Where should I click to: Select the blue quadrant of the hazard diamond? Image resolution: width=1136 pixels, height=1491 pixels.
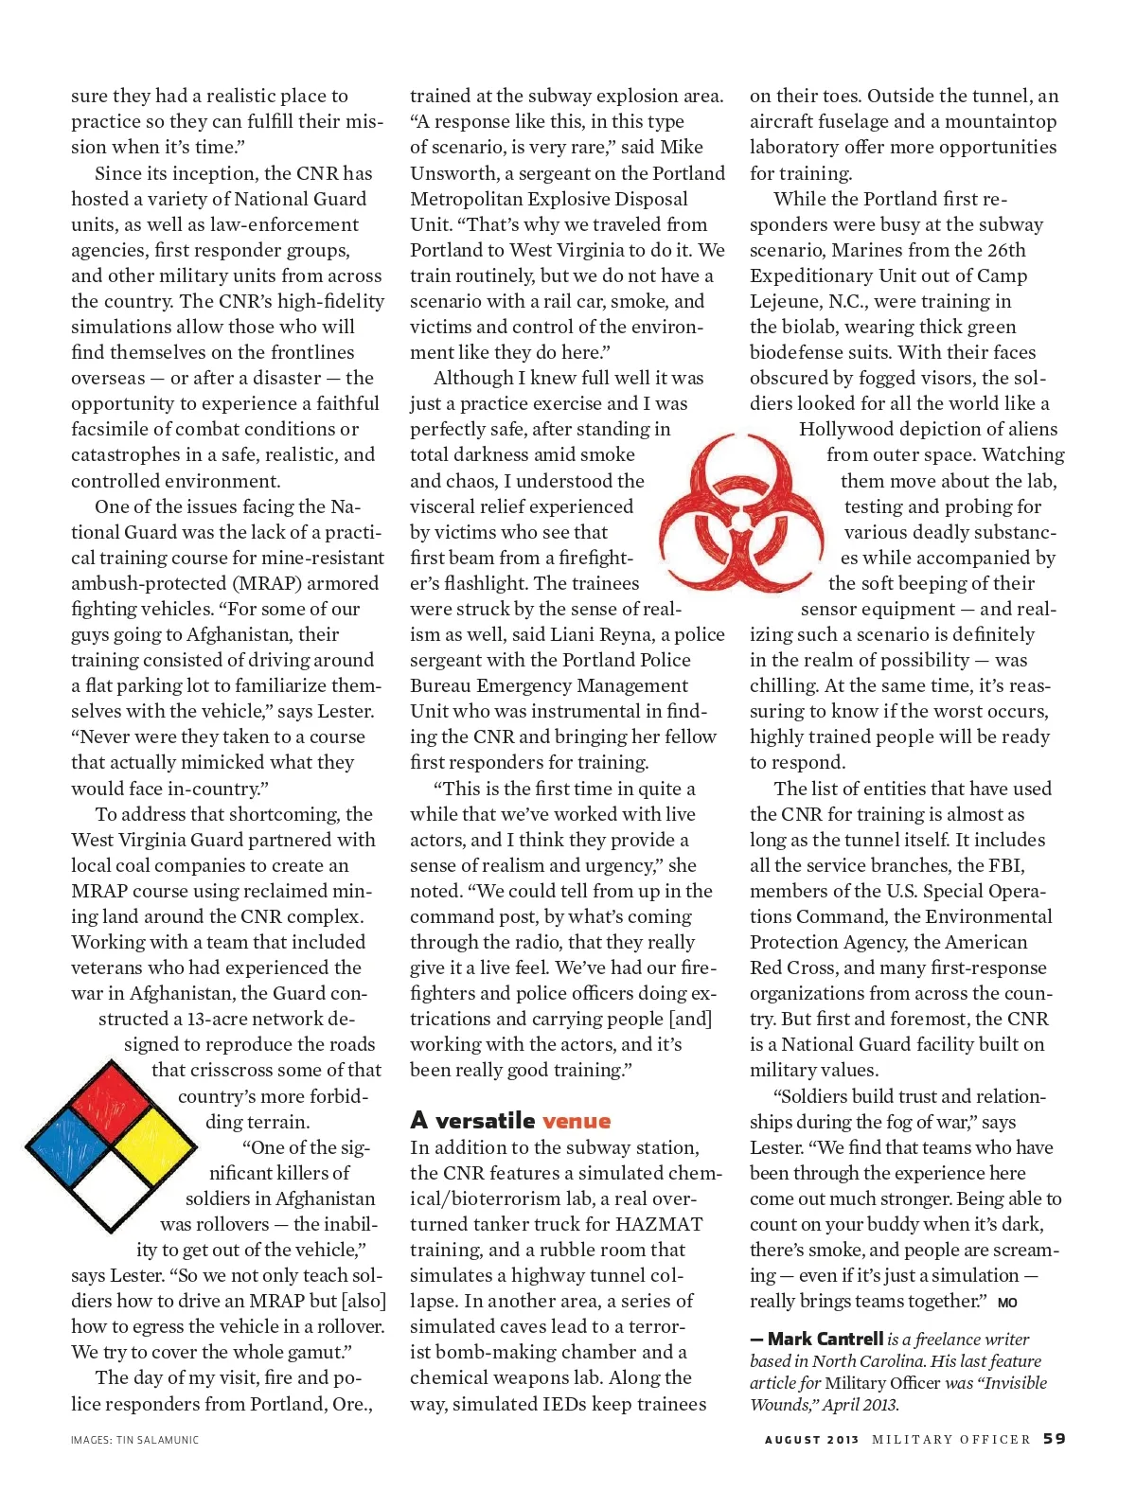(x=69, y=1145)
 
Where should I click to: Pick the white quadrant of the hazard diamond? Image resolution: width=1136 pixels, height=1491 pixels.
(x=112, y=1189)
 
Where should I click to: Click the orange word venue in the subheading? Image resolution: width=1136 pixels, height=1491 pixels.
(x=577, y=1121)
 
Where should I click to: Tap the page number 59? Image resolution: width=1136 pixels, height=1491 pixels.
(x=1055, y=1439)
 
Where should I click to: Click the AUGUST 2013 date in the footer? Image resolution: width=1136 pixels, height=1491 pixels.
(x=811, y=1440)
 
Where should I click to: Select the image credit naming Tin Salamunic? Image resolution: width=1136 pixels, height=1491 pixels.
(x=134, y=1440)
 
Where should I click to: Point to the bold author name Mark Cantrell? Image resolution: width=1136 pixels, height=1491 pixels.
(x=825, y=1339)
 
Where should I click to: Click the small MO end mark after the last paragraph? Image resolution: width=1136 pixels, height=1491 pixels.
(x=1007, y=1303)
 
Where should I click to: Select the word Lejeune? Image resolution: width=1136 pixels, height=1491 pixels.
(x=784, y=301)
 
